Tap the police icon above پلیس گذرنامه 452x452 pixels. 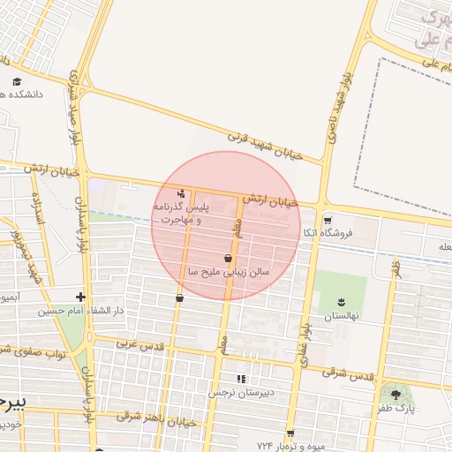tap(182, 193)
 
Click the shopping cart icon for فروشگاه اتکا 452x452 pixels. tap(328, 221)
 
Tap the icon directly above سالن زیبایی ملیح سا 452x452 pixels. tap(229, 259)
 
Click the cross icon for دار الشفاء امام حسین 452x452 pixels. tap(80, 298)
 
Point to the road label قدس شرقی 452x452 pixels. tap(343, 372)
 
